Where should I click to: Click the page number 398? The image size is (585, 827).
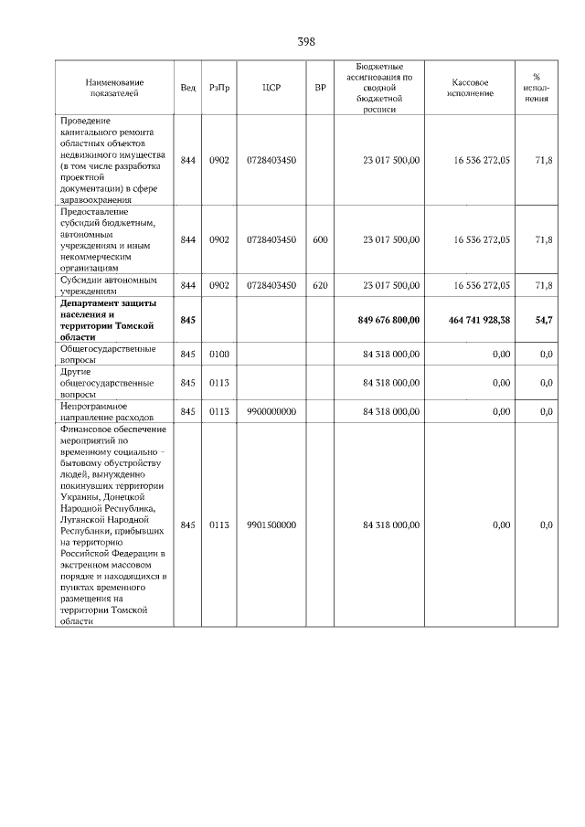tap(306, 42)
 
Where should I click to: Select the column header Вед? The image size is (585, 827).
tap(188, 88)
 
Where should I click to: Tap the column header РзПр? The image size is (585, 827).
tap(218, 88)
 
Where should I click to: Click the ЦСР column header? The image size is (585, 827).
tap(271, 88)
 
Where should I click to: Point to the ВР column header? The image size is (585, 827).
tap(320, 88)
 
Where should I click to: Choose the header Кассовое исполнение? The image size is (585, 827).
tap(471, 88)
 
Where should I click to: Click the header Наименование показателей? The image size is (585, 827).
tap(112, 88)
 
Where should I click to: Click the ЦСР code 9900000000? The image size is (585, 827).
tap(271, 412)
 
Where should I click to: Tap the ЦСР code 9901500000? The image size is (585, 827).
tap(271, 525)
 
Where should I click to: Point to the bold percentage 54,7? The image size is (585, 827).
tap(543, 319)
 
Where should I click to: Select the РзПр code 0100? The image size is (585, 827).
tap(218, 354)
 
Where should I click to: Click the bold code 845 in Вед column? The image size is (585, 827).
tap(188, 319)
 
